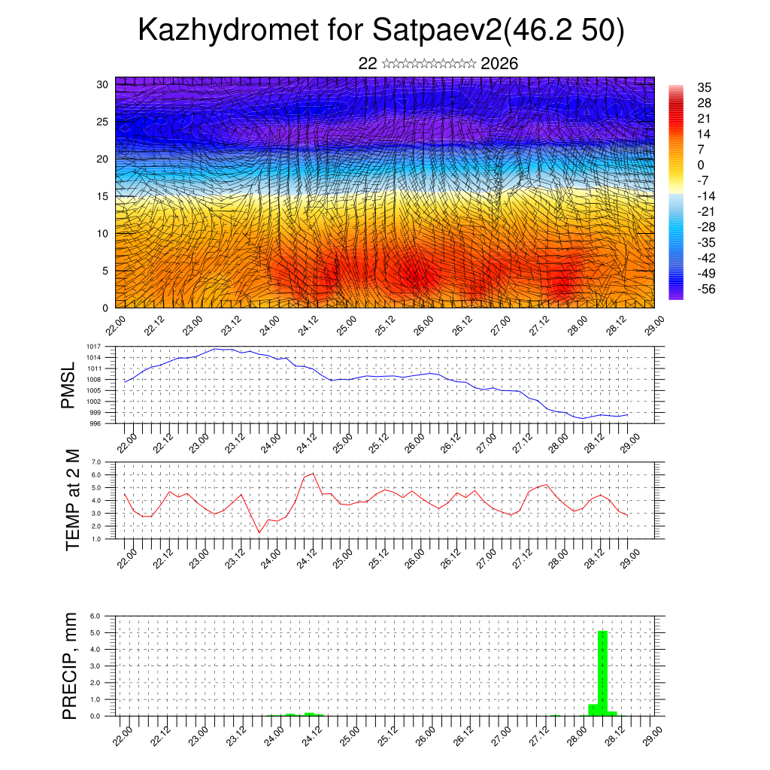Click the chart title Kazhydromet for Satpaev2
coord(381,31)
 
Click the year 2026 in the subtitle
coord(499,64)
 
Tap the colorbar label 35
coord(705,87)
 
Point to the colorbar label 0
coord(701,165)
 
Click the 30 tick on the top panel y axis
coord(104,84)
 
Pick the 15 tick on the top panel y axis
coord(104,196)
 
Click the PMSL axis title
coord(68,385)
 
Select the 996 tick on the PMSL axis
coord(96,423)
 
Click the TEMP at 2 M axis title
coord(72,499)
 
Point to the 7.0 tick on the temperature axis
coord(96,462)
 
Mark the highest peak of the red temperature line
coord(313,474)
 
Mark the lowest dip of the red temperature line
coord(259,533)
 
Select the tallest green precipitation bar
coord(602,673)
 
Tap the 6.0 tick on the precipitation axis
coord(96,616)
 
